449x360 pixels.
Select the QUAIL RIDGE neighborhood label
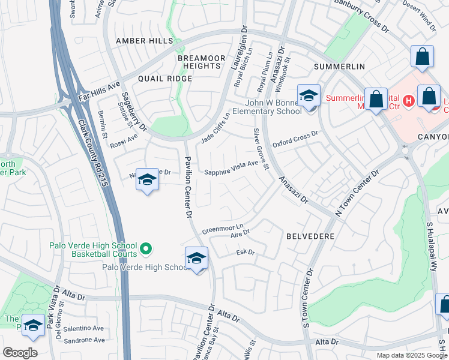click(x=164, y=79)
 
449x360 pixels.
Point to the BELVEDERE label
click(x=310, y=236)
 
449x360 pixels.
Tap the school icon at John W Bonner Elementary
click(x=309, y=96)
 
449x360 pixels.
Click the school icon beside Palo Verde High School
click(x=196, y=259)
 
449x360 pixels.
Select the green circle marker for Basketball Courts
click(x=145, y=248)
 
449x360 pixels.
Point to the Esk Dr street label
click(x=246, y=253)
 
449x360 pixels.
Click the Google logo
click(x=20, y=353)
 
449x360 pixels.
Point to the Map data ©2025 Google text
click(x=411, y=355)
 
